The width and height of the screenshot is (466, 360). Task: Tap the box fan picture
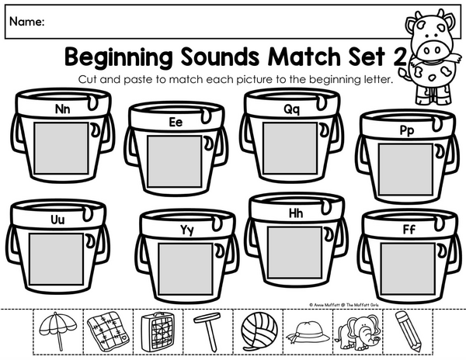(x=158, y=331)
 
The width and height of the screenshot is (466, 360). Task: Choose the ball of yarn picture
(x=259, y=331)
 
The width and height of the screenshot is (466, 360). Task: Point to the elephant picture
(x=357, y=332)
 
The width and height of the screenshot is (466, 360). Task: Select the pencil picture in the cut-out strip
(x=409, y=331)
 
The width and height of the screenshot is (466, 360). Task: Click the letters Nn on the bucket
(x=63, y=109)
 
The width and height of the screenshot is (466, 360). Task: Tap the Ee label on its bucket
(x=176, y=122)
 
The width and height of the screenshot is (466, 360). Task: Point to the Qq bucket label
(x=292, y=109)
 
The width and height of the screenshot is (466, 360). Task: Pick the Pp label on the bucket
(x=407, y=130)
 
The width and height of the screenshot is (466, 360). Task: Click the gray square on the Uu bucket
(x=56, y=259)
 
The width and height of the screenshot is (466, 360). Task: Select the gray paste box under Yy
(x=186, y=269)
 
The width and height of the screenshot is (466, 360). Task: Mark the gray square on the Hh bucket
(x=295, y=253)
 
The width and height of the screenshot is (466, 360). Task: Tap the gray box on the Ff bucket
(x=408, y=269)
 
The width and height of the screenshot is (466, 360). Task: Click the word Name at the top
(x=27, y=22)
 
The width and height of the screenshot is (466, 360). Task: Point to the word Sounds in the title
(x=221, y=56)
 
